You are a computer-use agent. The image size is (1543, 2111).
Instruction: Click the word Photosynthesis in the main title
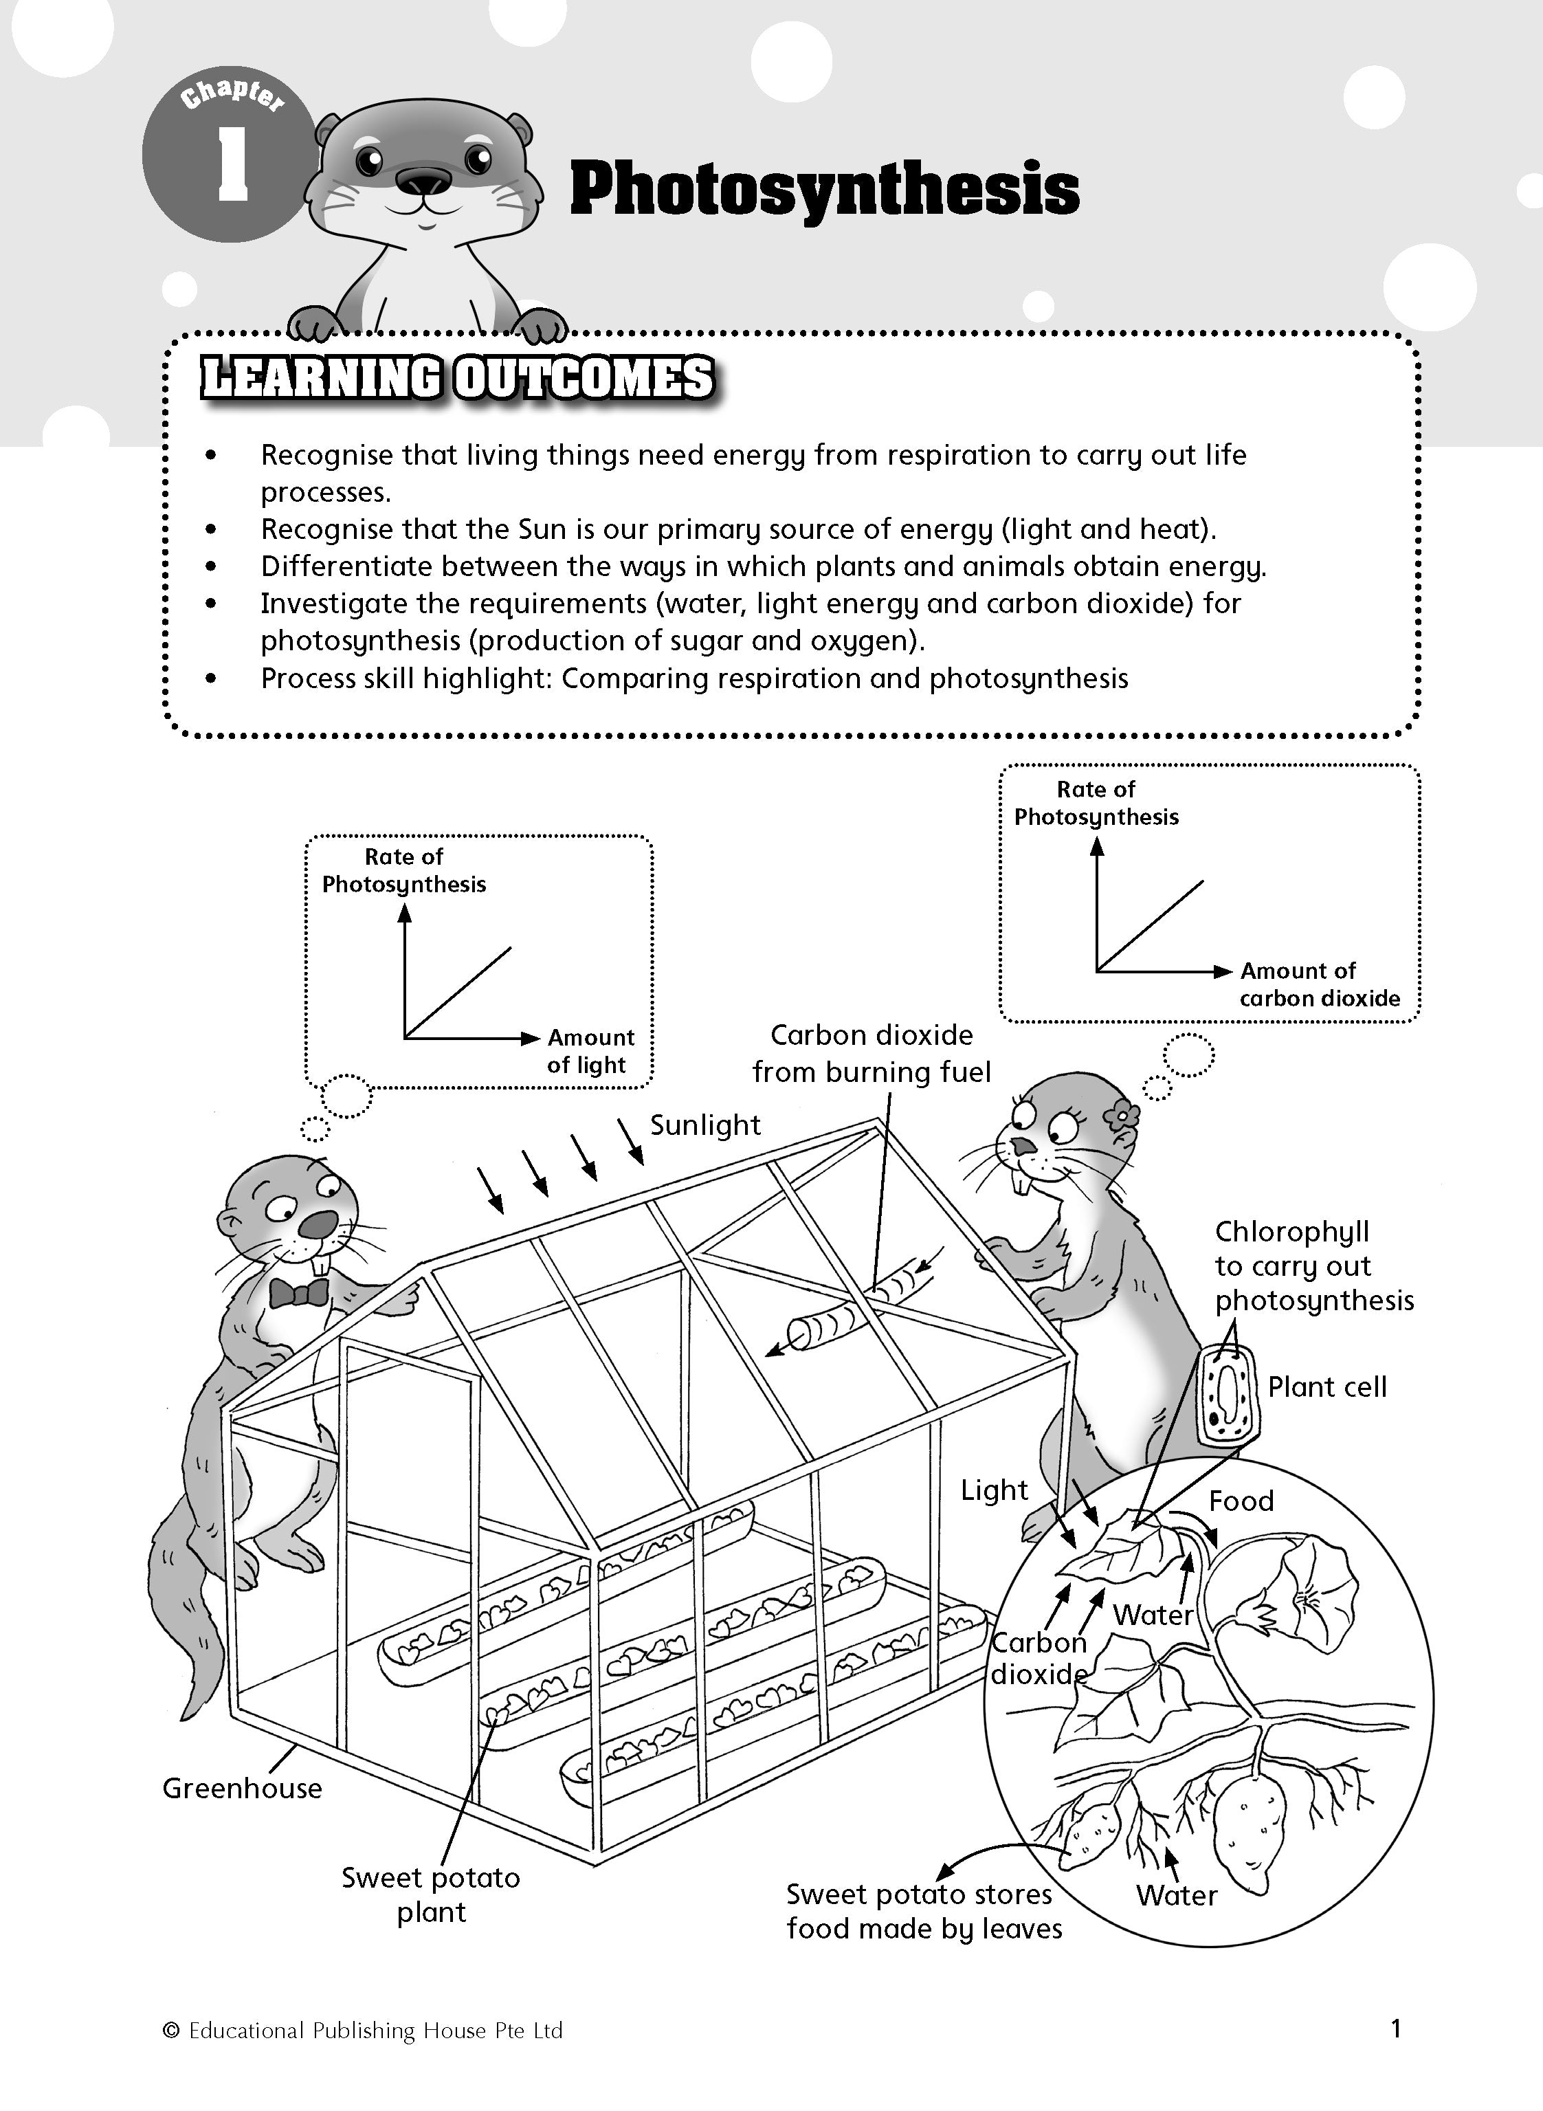pos(824,190)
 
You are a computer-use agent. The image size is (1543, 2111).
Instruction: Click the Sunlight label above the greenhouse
pos(705,1125)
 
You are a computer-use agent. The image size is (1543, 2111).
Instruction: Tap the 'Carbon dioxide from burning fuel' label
pos(872,1054)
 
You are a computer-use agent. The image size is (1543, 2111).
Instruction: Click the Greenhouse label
pos(242,1788)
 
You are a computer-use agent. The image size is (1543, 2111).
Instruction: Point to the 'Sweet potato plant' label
pos(430,1894)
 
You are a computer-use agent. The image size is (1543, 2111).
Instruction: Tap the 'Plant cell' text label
pos(1326,1387)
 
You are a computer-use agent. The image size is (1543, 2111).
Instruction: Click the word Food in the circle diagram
pos(1241,1501)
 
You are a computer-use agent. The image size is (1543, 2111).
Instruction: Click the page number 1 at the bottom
pos(1395,2028)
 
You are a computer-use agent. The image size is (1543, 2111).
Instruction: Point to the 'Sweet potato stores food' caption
pos(923,1911)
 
